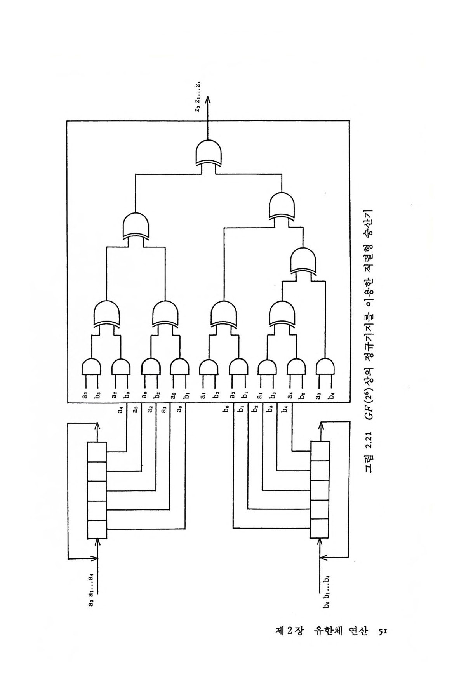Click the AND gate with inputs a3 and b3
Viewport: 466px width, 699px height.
pyautogui.click(x=92, y=367)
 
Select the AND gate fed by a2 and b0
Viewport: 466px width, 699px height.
pyautogui.click(x=121, y=367)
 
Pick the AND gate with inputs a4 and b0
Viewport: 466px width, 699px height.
pyautogui.click(x=296, y=367)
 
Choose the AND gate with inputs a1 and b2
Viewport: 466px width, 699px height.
pyautogui.click(x=209, y=367)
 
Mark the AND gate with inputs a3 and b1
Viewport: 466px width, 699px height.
pyautogui.click(x=238, y=367)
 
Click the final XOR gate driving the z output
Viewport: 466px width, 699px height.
pyautogui.click(x=210, y=153)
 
